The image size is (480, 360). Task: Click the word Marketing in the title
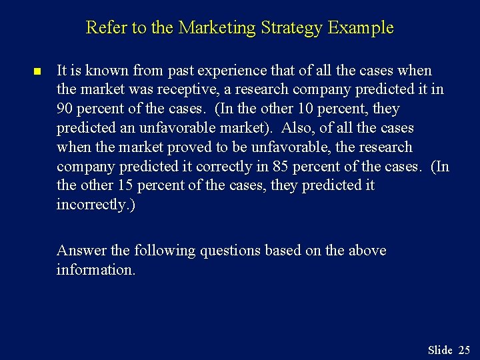coord(218,28)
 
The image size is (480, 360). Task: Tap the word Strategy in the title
coord(289,28)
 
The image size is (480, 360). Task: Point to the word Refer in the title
coord(103,28)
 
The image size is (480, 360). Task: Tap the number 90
coord(65,109)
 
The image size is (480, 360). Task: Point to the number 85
coord(282,166)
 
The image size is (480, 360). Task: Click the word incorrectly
coord(95,205)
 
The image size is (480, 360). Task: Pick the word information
coord(96,269)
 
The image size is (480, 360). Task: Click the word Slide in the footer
coord(440,350)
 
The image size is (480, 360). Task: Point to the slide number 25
coord(464,350)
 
